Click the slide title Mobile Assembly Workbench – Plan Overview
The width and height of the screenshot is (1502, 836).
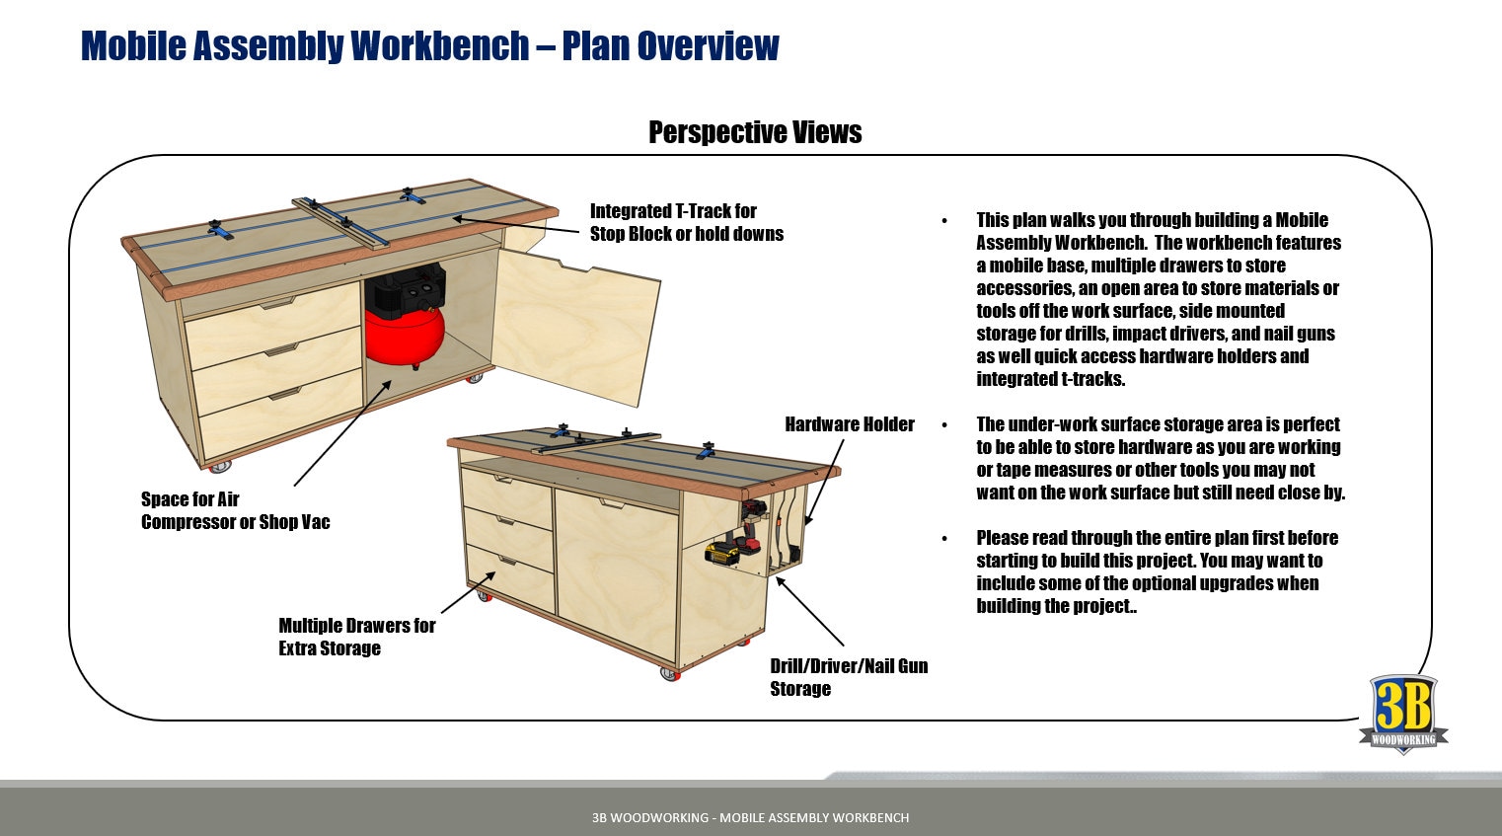429,45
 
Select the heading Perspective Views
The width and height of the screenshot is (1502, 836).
755,132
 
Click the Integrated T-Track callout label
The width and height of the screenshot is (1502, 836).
686,222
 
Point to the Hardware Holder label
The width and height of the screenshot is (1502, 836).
849,424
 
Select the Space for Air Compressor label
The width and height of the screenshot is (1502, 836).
235,510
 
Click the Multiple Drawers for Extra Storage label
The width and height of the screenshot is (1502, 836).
356,637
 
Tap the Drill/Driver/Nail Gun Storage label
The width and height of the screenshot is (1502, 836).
848,677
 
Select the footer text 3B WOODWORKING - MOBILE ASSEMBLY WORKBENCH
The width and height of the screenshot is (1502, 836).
750,817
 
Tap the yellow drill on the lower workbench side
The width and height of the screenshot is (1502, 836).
725,551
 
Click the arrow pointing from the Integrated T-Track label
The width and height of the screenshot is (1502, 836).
516,224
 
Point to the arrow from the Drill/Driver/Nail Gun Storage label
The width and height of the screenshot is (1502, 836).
809,611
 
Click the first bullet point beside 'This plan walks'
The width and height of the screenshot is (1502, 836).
944,221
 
